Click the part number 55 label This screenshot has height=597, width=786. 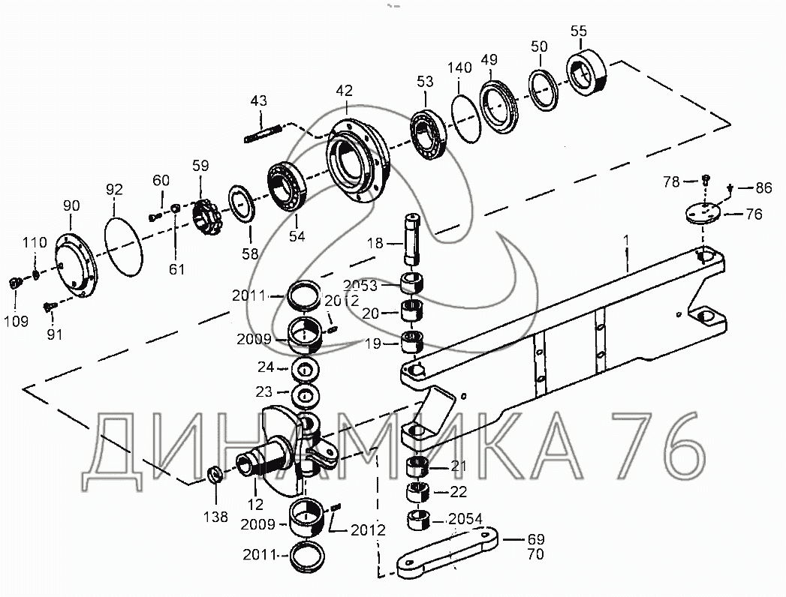[x=579, y=31]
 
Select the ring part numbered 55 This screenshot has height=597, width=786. [x=588, y=73]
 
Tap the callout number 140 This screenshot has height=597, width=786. [x=459, y=68]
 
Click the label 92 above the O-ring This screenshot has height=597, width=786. [x=113, y=188]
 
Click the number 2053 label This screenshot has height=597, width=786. [x=360, y=285]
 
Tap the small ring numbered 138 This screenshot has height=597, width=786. [x=214, y=475]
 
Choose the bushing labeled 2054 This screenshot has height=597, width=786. [x=418, y=519]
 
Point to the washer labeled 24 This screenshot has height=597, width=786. [x=304, y=370]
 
